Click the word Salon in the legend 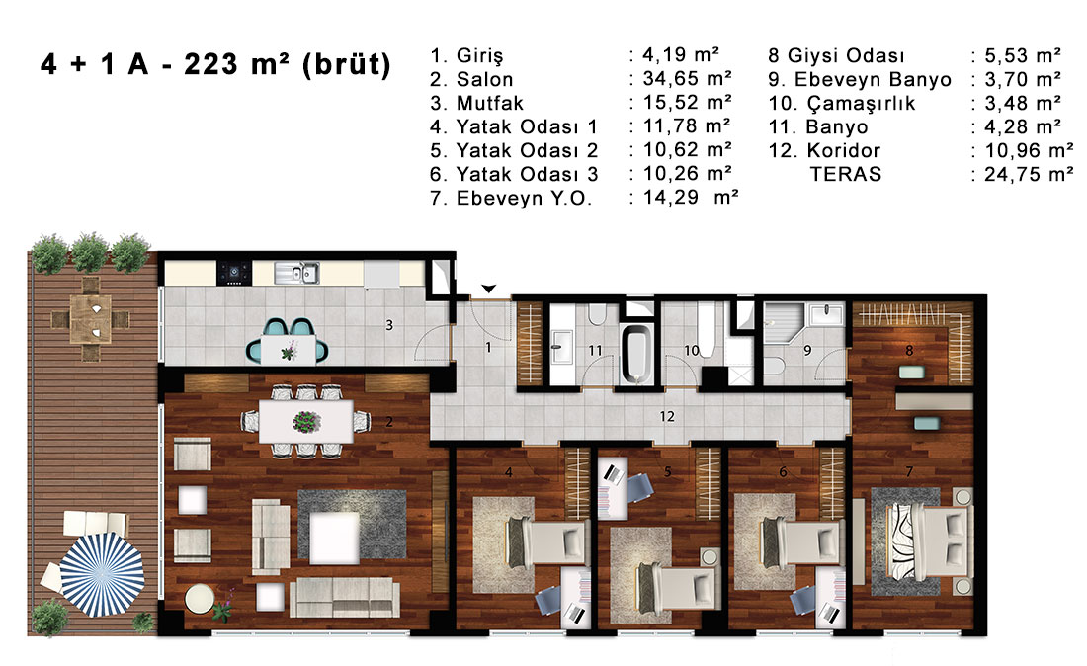(x=484, y=80)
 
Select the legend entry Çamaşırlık (x=861, y=104)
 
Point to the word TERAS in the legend (x=846, y=174)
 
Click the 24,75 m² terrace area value (x=1029, y=174)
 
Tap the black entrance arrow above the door (x=489, y=289)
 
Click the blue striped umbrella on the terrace (x=102, y=574)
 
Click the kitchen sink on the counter (x=296, y=273)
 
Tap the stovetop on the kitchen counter (x=234, y=273)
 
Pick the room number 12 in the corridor (x=667, y=417)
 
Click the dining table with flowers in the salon (x=305, y=421)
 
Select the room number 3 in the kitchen (x=389, y=324)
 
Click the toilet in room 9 (x=773, y=366)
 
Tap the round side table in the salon (x=200, y=599)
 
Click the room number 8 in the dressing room (x=909, y=351)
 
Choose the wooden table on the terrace (x=90, y=319)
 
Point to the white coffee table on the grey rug (x=334, y=538)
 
